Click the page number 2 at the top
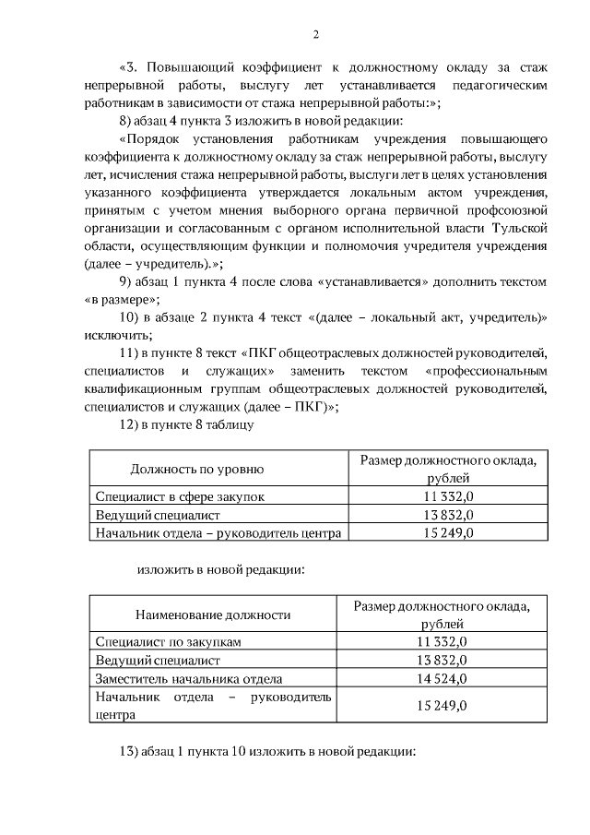(316, 35)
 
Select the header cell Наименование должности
(213, 614)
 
